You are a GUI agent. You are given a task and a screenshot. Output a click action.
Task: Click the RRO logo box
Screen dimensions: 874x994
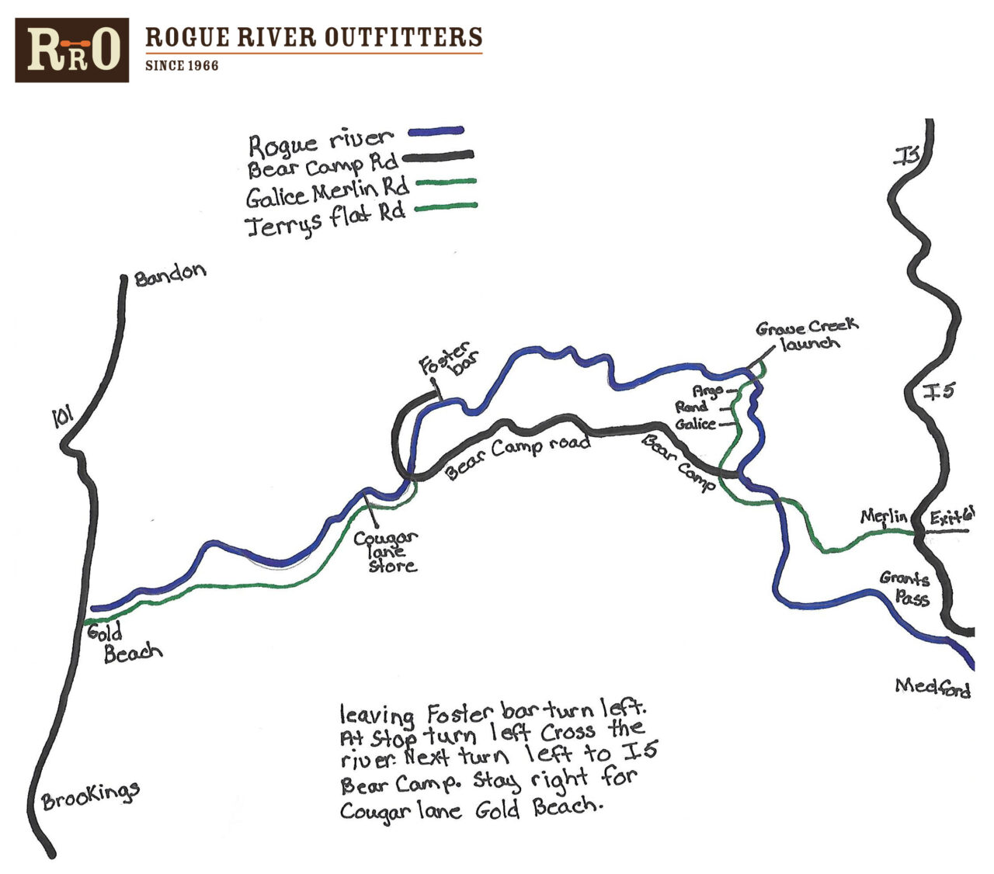tap(72, 50)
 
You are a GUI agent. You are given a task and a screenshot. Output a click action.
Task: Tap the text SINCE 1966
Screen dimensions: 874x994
tap(182, 66)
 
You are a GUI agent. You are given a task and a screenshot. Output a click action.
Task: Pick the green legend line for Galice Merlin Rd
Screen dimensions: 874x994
tap(445, 183)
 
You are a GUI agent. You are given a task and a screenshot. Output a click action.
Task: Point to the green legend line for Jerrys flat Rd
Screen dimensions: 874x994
tap(445, 207)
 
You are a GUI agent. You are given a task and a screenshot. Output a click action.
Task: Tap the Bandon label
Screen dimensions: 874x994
tap(170, 274)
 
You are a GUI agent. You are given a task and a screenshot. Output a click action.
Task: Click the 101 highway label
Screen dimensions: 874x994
tap(61, 418)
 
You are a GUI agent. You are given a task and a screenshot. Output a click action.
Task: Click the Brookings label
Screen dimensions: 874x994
tap(91, 796)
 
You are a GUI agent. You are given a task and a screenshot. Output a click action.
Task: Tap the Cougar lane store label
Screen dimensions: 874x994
tap(386, 551)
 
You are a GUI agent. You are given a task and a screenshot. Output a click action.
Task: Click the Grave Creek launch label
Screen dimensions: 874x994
tap(808, 335)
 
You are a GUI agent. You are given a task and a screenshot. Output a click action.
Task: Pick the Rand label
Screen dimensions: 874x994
tap(690, 407)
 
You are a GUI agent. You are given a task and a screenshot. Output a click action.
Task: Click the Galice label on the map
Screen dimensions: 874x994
tap(695, 424)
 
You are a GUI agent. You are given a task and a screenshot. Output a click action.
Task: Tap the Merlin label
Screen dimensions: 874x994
tap(883, 516)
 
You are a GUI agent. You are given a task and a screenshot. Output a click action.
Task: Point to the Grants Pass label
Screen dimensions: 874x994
tap(905, 588)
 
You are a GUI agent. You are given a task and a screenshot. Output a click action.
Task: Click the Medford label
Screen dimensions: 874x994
tap(932, 687)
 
